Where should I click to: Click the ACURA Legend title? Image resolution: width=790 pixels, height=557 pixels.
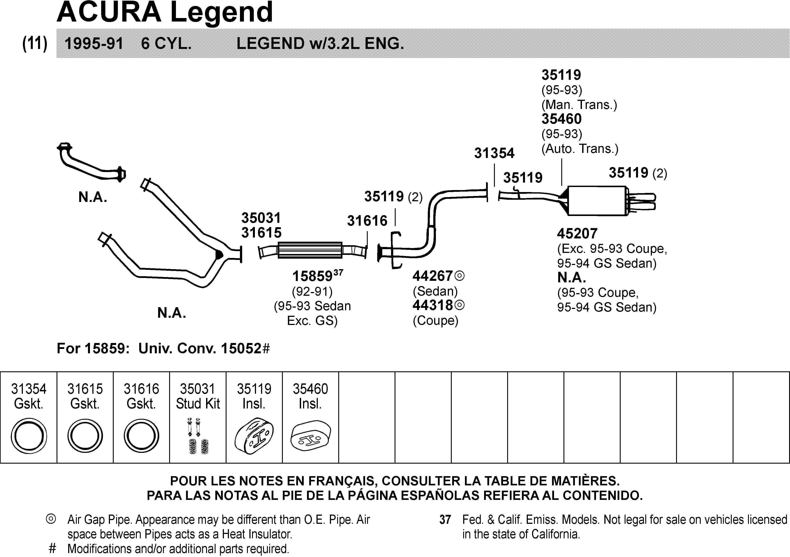[165, 12]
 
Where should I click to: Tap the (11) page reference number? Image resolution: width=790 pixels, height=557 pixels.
[35, 44]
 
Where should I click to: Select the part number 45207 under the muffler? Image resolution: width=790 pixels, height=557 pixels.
[577, 234]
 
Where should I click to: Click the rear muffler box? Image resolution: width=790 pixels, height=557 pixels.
[597, 201]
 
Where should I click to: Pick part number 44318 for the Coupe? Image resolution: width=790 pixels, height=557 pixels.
[433, 305]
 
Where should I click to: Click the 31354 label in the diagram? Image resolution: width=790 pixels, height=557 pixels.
[494, 153]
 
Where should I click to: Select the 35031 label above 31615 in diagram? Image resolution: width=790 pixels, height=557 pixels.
[261, 218]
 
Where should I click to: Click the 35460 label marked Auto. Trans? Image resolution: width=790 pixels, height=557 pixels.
[561, 119]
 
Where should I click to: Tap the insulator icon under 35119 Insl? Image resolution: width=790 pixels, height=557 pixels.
[254, 436]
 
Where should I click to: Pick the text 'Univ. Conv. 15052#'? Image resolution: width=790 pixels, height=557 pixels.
[204, 348]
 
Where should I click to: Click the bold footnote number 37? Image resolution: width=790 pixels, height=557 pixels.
[445, 519]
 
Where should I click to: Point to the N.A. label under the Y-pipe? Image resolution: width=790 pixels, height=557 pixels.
[172, 313]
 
